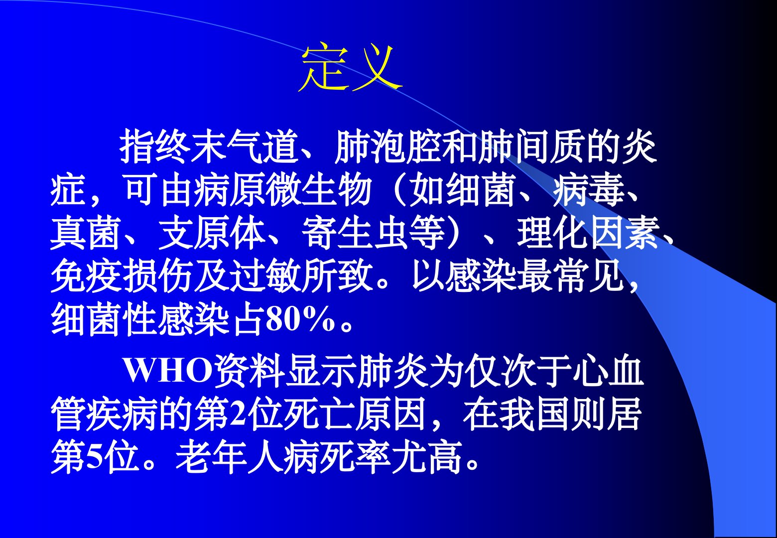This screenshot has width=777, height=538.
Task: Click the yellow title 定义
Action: tap(350, 67)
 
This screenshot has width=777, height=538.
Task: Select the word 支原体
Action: tap(212, 233)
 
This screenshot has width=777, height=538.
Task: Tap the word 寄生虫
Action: tap(355, 233)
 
